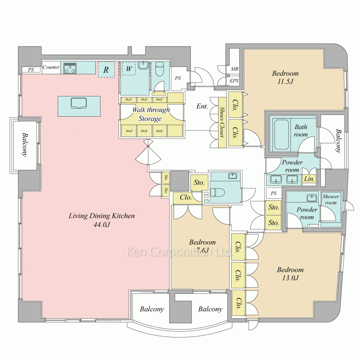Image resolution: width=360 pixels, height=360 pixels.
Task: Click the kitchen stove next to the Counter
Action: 70,68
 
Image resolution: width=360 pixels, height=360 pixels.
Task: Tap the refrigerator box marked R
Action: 106,69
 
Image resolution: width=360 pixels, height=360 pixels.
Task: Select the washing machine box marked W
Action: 129,68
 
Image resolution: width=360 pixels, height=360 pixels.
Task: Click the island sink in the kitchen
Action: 79,103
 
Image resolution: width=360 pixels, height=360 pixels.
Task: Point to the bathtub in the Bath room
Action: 281,135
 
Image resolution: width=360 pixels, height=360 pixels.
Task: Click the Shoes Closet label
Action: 222,122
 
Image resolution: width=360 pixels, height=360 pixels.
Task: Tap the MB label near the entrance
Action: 234,69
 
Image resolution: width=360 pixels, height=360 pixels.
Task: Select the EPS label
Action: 234,81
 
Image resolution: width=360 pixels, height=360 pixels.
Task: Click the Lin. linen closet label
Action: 309,179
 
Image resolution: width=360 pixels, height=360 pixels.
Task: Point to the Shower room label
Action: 331,199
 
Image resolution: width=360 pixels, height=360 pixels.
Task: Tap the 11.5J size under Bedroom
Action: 285,81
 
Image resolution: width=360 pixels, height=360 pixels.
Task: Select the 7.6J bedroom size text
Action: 202,250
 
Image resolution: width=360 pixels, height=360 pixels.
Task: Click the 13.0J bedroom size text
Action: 290,278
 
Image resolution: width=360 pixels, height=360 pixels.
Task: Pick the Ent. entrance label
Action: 202,106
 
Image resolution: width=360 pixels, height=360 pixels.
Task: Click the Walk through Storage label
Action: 151,114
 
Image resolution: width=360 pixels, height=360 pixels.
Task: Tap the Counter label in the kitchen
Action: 51,67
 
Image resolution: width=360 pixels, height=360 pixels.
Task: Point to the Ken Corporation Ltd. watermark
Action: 180,251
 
